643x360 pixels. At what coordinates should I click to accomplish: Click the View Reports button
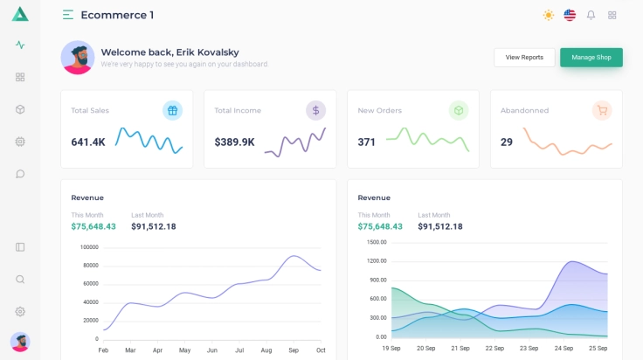pos(524,58)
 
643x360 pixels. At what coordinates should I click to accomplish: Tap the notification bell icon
pos(591,15)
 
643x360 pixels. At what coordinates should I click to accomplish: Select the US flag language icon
pos(570,15)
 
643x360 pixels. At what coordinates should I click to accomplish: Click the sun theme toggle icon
pos(549,15)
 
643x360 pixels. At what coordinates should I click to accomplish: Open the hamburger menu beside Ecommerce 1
pos(68,15)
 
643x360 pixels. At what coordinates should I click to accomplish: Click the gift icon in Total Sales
pos(172,110)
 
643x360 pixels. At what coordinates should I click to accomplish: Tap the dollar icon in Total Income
pos(315,110)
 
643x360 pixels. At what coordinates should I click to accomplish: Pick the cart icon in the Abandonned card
pos(601,110)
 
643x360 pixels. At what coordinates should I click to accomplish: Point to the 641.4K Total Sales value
pos(88,142)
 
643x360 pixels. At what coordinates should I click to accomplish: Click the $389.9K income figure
pos(234,142)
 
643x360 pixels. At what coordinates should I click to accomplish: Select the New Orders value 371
pos(366,142)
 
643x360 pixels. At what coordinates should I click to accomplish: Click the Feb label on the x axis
pos(103,350)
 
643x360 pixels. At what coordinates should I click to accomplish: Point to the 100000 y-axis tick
pos(89,247)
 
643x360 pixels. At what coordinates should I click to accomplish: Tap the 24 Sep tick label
pos(563,349)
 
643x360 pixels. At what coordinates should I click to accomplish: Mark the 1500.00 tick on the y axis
pos(377,242)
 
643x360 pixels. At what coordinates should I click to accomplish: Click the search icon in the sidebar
pos(20,280)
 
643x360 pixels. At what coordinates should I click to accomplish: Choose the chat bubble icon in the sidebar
pos(20,174)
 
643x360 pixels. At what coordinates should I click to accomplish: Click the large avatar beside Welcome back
pos(78,58)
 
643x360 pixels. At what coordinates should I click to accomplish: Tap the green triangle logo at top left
pos(20,14)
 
